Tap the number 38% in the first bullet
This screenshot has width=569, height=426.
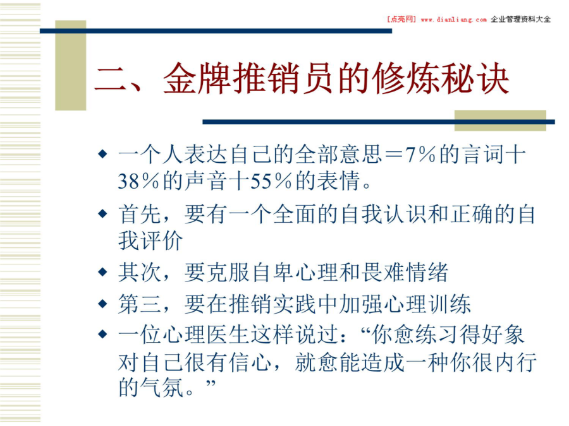138,180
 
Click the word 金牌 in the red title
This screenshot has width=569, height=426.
197,79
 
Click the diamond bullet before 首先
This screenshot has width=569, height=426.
102,213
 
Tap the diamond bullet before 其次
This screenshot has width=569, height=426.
102,271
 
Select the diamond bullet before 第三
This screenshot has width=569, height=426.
102,303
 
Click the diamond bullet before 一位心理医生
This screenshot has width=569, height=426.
102,334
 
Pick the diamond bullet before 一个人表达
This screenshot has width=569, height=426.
102,155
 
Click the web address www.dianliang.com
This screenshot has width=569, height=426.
453,20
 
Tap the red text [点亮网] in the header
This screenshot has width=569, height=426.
401,19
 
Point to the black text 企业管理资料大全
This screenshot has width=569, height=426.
521,19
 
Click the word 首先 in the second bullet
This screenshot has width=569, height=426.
140,214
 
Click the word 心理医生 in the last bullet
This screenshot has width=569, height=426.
185,334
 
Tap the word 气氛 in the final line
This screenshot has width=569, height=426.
162,388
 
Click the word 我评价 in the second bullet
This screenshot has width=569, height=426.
150,240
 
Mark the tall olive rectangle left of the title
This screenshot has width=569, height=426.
70,65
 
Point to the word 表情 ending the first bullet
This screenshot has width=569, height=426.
338,180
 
